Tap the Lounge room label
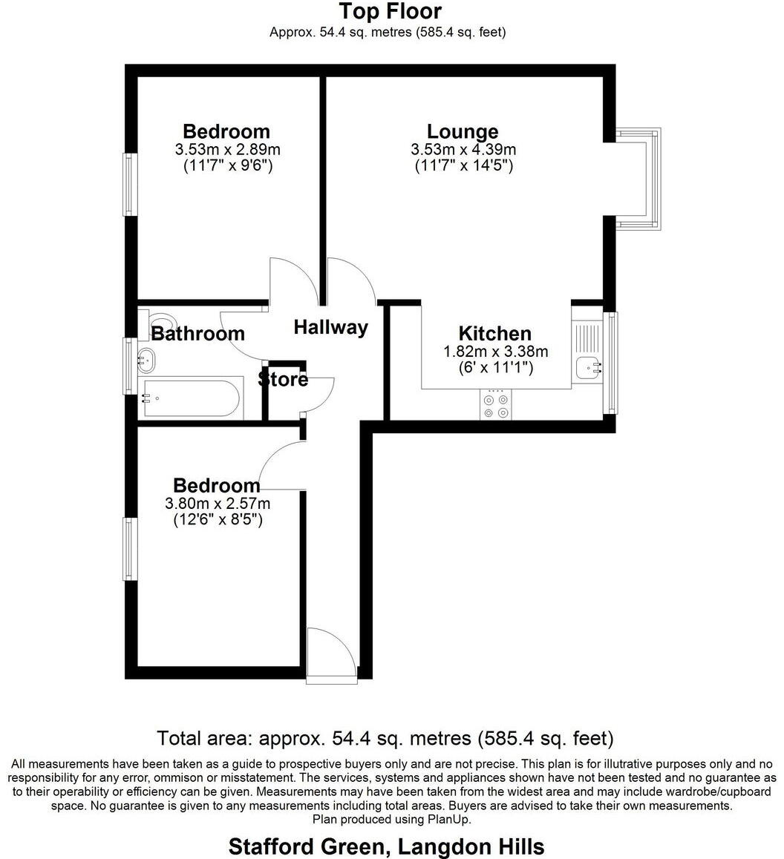[x=463, y=131]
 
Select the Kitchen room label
[x=494, y=333]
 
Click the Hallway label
[x=330, y=327]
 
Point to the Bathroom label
[x=197, y=335]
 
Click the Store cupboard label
[x=283, y=380]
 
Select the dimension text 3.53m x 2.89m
[x=227, y=150]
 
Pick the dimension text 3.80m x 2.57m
[x=217, y=504]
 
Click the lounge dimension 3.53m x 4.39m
[x=463, y=150]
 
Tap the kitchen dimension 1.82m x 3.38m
[x=495, y=352]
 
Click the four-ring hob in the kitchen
[x=496, y=406]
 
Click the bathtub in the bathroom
[x=192, y=399]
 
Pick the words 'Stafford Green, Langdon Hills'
[x=386, y=846]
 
